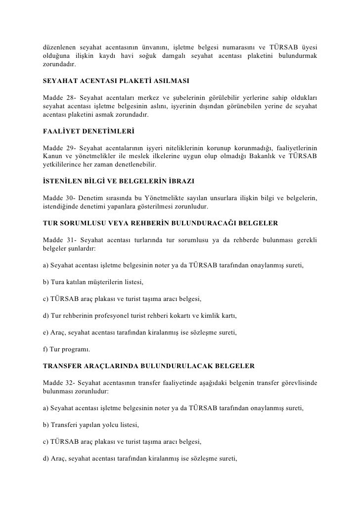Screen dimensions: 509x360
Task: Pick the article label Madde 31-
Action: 59,238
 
